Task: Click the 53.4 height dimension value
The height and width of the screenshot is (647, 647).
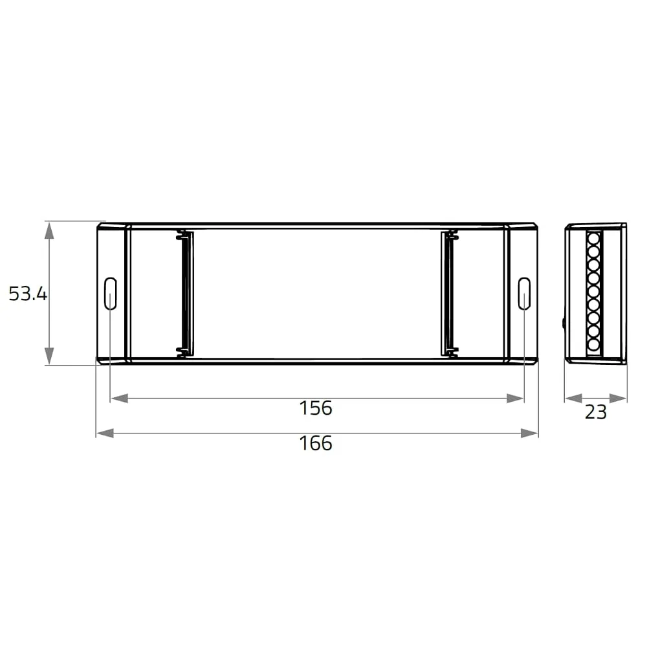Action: (x=28, y=293)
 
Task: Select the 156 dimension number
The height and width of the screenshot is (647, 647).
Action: (x=316, y=408)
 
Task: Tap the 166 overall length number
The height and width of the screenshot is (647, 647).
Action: (x=316, y=443)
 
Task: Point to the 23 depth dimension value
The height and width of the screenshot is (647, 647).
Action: (x=596, y=411)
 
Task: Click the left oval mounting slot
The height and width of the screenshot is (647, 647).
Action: (x=111, y=293)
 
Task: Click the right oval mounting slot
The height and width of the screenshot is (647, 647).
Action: (x=524, y=293)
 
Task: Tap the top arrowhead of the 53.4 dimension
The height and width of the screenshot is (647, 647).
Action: (x=49, y=230)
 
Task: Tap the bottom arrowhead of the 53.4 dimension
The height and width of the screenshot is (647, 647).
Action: (x=49, y=356)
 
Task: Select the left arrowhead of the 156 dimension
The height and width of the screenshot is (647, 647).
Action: (x=120, y=398)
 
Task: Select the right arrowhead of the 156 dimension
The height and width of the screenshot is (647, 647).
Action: (x=515, y=398)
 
